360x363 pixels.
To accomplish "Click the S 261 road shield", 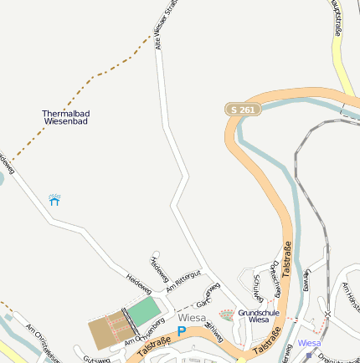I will point(243,110).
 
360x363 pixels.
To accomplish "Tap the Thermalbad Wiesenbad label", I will point(65,117).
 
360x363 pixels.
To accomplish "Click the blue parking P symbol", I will point(182,331).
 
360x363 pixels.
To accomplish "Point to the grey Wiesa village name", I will point(192,318).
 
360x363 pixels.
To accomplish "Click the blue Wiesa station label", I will point(309,343).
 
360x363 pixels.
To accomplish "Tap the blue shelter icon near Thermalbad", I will point(55,200).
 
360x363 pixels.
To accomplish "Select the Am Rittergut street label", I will point(184,281).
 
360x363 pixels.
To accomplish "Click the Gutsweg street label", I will point(96,359).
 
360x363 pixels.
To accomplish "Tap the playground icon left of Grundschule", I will point(226,314).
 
